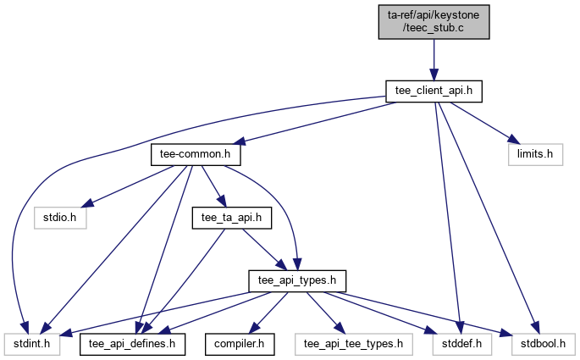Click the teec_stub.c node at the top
point(434,20)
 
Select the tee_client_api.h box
point(434,90)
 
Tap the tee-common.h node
point(196,155)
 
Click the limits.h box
point(535,155)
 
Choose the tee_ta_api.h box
point(231,218)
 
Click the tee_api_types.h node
point(296,280)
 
